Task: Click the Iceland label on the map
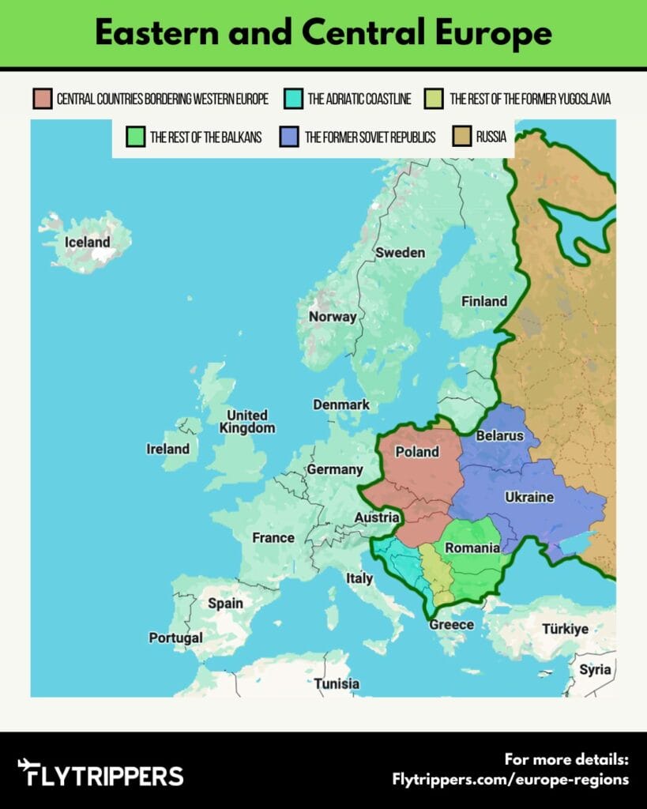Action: click(87, 243)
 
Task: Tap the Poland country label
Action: click(416, 452)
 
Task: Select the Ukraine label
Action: click(529, 497)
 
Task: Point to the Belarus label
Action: click(499, 435)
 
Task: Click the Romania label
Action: click(472, 547)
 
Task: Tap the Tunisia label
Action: click(337, 683)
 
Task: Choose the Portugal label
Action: click(175, 638)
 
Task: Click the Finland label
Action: click(483, 301)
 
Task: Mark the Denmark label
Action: click(340, 404)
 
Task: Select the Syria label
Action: click(594, 669)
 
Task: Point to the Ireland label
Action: click(167, 449)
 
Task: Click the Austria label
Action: click(376, 517)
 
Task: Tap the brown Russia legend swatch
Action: click(462, 137)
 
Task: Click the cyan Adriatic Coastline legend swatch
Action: click(293, 99)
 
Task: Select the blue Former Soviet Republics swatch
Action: click(289, 137)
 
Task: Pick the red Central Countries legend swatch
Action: click(42, 99)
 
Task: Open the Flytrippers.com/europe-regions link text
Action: click(510, 779)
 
